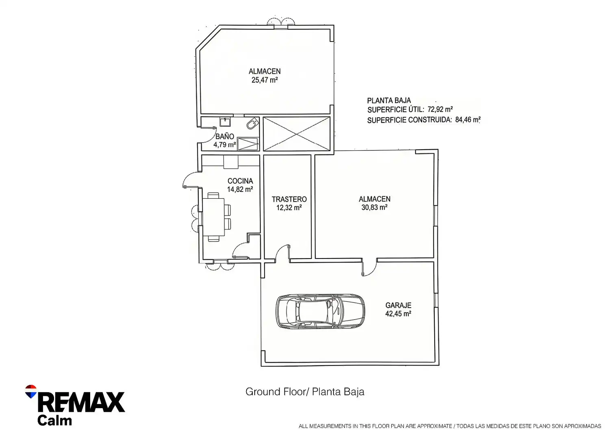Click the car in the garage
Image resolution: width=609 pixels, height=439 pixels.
(x=320, y=312)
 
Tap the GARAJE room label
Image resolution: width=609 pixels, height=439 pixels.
(x=398, y=305)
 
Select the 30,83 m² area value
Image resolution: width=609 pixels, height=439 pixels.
(x=374, y=207)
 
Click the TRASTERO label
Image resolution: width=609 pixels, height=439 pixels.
(x=289, y=199)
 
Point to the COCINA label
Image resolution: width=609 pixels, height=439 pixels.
(x=240, y=181)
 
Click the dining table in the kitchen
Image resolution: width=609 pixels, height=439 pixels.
(x=214, y=217)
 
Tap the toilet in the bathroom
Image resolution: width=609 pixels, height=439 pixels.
(x=252, y=124)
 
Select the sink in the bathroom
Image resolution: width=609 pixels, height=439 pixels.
(x=225, y=122)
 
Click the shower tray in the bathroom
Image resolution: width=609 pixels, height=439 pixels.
(x=247, y=144)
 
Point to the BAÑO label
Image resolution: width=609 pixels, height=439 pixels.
(x=225, y=136)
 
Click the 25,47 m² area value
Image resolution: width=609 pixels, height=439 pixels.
(x=264, y=80)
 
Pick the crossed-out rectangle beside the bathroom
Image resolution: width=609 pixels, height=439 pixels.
(x=296, y=134)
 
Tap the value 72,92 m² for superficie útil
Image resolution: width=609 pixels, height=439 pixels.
(x=440, y=109)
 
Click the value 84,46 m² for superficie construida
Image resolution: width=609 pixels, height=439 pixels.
(x=468, y=120)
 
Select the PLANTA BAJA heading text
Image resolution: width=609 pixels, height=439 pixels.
(x=389, y=101)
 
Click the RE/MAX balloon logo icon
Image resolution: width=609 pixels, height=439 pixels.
(x=31, y=391)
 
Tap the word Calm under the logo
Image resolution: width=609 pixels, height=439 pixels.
(x=55, y=420)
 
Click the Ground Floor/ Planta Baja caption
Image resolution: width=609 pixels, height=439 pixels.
(x=305, y=392)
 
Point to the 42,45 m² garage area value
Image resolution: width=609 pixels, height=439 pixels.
(x=398, y=314)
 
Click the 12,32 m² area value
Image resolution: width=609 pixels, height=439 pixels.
(x=289, y=208)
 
